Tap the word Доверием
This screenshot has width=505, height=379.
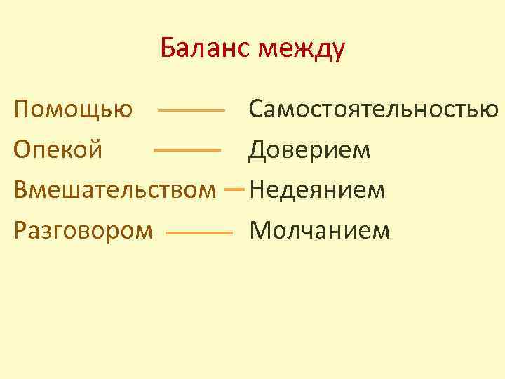tap(309, 150)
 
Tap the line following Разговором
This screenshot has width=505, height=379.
tap(199, 232)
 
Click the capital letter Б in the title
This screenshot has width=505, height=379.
tap(168, 49)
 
